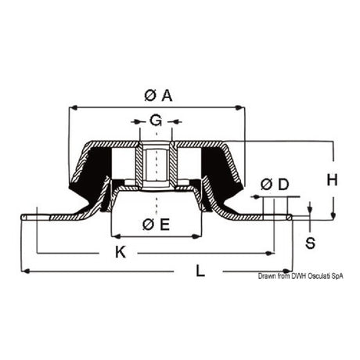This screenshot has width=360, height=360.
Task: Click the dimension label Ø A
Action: coord(158,95)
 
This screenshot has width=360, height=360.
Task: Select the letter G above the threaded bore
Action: coord(157,121)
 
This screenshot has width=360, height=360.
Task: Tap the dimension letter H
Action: coord(332,179)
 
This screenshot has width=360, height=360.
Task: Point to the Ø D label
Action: coord(274,185)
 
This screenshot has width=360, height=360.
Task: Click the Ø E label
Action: coord(157,225)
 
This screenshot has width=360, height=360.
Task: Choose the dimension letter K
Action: coord(121,252)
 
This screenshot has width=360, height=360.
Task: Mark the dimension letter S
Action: coord(310,242)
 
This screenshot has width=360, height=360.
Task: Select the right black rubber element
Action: coord(218,172)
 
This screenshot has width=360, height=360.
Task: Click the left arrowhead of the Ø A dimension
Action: coord(73,107)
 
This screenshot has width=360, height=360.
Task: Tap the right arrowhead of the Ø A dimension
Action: coord(243,107)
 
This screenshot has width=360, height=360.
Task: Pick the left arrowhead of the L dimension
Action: coord(23,271)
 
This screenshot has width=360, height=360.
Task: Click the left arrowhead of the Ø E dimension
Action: coord(113,236)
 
